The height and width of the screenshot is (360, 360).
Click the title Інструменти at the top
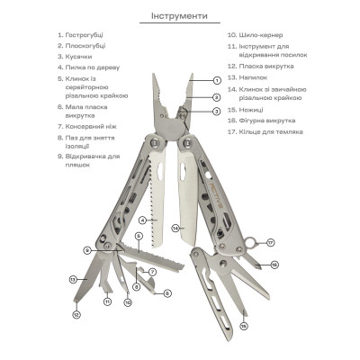click(179, 15)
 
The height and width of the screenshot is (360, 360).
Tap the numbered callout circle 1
click(217, 80)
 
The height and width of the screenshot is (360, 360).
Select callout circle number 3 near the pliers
click(216, 112)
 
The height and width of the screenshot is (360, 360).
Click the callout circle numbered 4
click(143, 220)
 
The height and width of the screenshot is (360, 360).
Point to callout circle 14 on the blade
click(175, 228)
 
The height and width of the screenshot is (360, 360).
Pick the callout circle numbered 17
click(271, 242)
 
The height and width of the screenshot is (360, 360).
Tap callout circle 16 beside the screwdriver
click(274, 265)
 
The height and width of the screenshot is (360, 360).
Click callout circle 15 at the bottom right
click(244, 326)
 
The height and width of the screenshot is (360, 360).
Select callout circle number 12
click(76, 315)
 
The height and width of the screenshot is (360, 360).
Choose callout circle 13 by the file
click(73, 280)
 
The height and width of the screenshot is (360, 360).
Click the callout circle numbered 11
click(107, 301)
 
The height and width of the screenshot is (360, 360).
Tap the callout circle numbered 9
click(87, 250)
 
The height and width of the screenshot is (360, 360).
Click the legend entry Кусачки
click(78, 57)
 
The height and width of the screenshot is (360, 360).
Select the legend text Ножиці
click(251, 110)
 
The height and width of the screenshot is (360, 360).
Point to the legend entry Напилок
click(253, 77)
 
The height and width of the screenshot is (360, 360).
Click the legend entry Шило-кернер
click(261, 35)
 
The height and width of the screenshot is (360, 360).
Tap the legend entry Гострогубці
click(85, 35)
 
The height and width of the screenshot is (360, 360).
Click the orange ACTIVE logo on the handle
click(216, 196)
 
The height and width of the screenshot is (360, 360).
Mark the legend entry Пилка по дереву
click(93, 67)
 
